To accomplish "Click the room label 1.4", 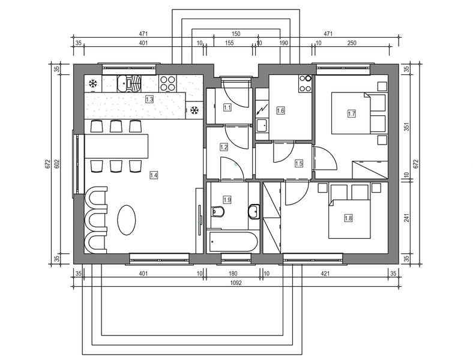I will (154, 175).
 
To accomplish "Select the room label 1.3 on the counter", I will (149, 100).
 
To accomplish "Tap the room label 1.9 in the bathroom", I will (227, 199).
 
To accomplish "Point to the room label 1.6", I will (280, 110).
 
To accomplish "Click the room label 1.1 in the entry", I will (227, 108).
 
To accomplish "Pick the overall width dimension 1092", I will (235, 284).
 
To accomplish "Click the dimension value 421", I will (325, 274).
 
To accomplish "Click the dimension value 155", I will (229, 43).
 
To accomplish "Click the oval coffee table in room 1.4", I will (126, 220).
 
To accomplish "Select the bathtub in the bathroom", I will (233, 242).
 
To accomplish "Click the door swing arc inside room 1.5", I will (280, 153).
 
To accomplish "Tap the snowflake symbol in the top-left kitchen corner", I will (93, 83).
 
